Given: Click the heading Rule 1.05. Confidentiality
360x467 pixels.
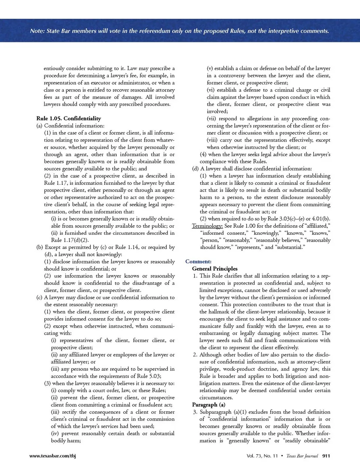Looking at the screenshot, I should [69, 118].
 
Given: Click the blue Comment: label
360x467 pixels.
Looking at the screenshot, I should [198, 262].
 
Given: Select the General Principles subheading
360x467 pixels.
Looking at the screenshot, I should [215, 269].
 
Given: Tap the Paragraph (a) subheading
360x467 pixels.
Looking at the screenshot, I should [209, 405].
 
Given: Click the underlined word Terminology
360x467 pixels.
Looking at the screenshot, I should [207, 226].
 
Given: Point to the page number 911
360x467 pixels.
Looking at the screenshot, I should [326, 456].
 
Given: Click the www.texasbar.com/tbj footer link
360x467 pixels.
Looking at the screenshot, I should [52, 456].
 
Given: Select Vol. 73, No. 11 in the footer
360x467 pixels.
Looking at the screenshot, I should [262, 456].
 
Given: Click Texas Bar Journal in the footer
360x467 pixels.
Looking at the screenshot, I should [302, 456].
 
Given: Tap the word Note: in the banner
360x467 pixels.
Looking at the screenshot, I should [37, 31].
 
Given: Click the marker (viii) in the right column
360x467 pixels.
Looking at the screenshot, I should [212, 140].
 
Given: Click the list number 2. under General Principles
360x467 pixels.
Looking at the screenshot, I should [195, 355].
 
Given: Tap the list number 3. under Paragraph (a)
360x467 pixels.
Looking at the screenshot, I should [195, 412].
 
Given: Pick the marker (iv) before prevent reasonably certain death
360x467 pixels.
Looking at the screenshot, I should [55, 433].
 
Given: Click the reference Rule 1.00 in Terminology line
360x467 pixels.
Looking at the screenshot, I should [235, 226].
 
